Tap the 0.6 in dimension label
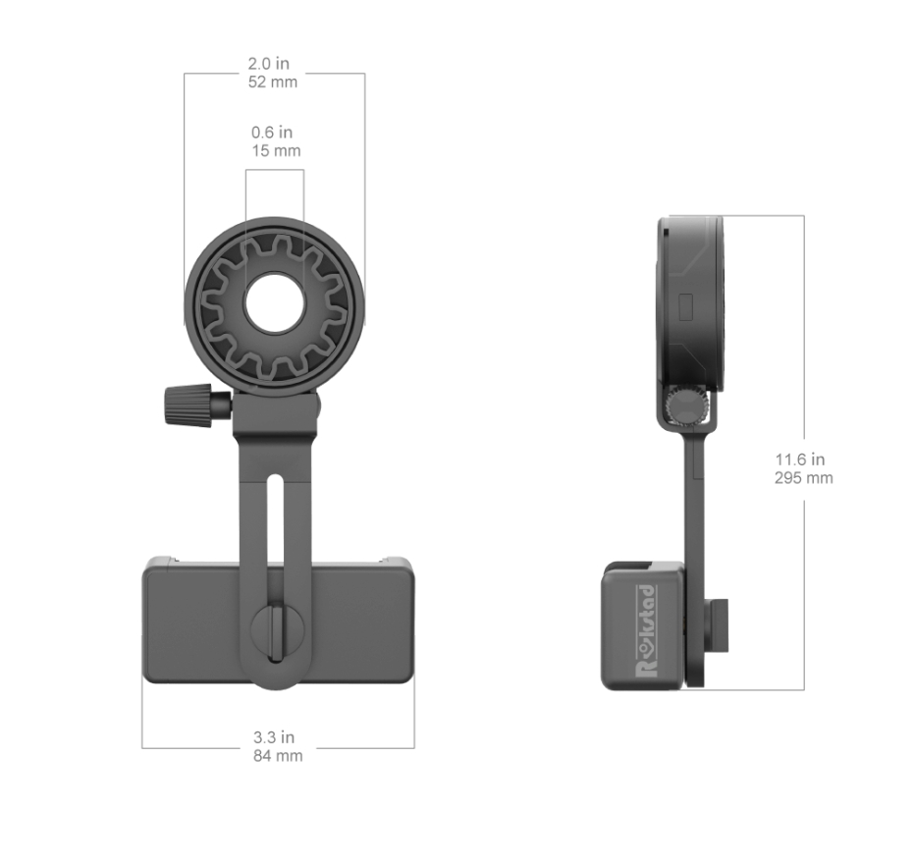pos(272,133)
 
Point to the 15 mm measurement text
pos(275,151)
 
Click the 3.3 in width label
pos(274,737)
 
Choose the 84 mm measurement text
pos(278,756)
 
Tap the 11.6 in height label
pos(799,460)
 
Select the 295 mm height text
pos(803,478)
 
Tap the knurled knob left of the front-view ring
pos(187,404)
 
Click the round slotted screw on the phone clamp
pos(275,629)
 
